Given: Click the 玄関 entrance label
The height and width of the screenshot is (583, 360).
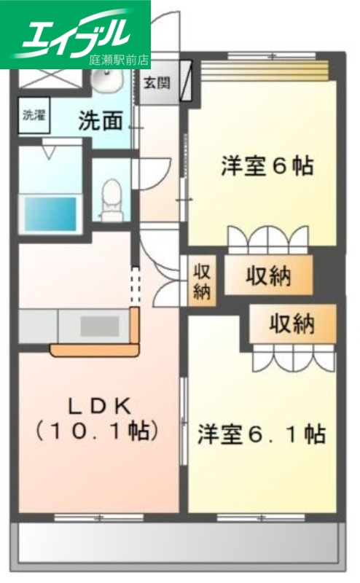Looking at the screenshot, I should tap(155, 82).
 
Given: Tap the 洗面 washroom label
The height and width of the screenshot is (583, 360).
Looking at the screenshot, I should tap(101, 120).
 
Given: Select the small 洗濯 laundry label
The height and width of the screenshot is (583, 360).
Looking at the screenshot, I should tap(32, 114).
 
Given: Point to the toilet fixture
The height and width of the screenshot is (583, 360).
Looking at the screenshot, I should tap(111, 198).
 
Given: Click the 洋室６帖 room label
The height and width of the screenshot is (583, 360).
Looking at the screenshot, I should tap(267, 166).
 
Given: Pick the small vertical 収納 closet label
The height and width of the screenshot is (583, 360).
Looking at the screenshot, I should tap(202, 281).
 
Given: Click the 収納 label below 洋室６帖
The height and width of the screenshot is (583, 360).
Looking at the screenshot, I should tap(267, 276).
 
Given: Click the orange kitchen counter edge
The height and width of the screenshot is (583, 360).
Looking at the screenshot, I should tap(95, 351).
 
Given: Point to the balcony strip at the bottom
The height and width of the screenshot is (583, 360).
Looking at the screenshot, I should tap(179, 544).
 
